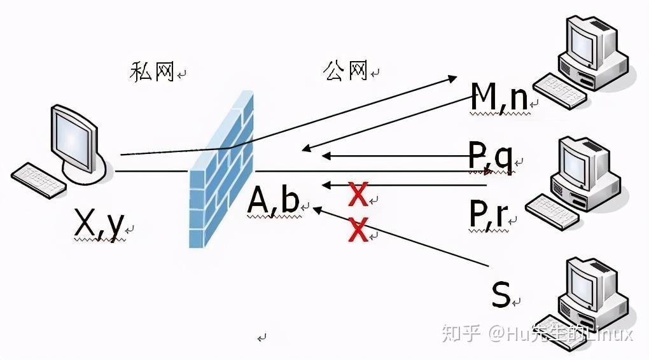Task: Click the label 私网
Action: pyautogui.click(x=152, y=72)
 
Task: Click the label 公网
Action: pyautogui.click(x=346, y=71)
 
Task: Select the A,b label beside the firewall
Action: pyautogui.click(x=274, y=201)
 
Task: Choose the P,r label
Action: pyautogui.click(x=488, y=214)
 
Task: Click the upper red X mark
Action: pyautogui.click(x=358, y=195)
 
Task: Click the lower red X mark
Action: pyautogui.click(x=358, y=229)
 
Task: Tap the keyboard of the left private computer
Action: pyautogui.click(x=39, y=180)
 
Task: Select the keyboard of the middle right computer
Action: pyautogui.click(x=552, y=211)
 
